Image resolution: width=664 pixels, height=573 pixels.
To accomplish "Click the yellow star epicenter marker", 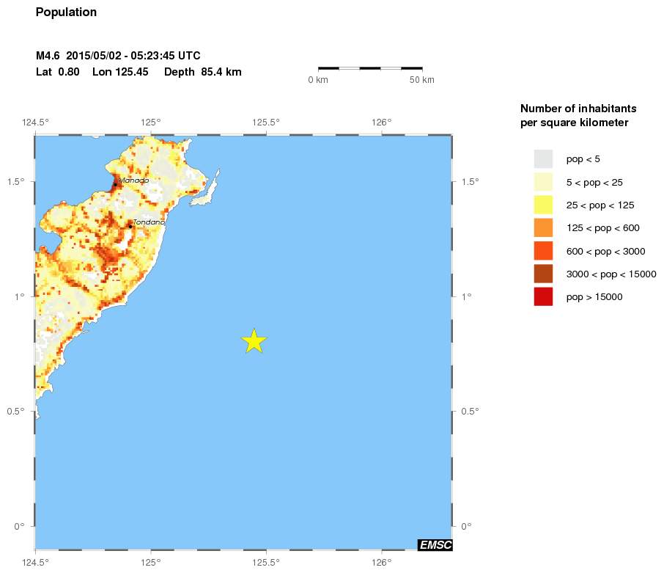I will coord(254,341).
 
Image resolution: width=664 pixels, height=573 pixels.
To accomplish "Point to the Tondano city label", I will coord(149,222).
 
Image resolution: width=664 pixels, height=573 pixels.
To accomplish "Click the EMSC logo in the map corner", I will coord(435,544).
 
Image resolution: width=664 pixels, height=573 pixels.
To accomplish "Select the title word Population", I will coord(66,12).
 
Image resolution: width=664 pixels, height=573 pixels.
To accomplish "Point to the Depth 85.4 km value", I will coord(203,72).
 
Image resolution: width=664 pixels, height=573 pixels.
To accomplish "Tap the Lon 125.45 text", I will coord(121,72).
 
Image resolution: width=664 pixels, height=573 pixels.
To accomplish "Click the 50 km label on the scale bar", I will coord(421,80).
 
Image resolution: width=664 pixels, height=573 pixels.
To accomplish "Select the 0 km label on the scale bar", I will coord(317,80).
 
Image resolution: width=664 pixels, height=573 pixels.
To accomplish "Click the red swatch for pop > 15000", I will coord(543,297).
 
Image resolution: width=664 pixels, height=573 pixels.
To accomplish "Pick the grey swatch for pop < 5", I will coord(543,158).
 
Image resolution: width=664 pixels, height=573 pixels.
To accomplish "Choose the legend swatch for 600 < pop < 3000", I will coord(543,251).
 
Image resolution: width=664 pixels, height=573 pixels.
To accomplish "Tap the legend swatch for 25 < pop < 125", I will coord(543,205).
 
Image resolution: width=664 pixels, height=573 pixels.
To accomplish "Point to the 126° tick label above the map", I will coord(381,122).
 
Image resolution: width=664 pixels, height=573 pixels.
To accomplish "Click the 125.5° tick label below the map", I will coord(265,563).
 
